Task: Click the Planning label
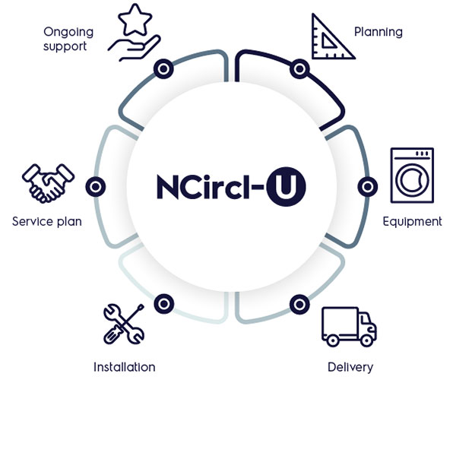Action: [x=378, y=32]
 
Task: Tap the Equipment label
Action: [x=412, y=222]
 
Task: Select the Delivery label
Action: [x=350, y=367]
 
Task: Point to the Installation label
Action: [x=125, y=367]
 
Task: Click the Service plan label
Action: [x=47, y=222]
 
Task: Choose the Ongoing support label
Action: [x=68, y=39]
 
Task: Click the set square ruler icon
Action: [x=332, y=36]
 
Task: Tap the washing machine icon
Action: [x=412, y=175]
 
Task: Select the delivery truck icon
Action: [x=349, y=327]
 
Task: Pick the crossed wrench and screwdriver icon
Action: [x=124, y=324]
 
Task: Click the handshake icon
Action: [x=48, y=183]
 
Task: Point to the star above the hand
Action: [x=135, y=20]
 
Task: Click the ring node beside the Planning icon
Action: [x=299, y=69]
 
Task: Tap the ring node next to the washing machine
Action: [x=368, y=186]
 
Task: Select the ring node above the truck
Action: [x=299, y=305]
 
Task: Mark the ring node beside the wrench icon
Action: [x=163, y=304]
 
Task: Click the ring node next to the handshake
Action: [x=96, y=186]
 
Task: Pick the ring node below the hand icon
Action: [x=163, y=69]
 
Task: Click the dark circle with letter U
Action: [x=287, y=186]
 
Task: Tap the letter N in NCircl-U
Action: [x=168, y=187]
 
